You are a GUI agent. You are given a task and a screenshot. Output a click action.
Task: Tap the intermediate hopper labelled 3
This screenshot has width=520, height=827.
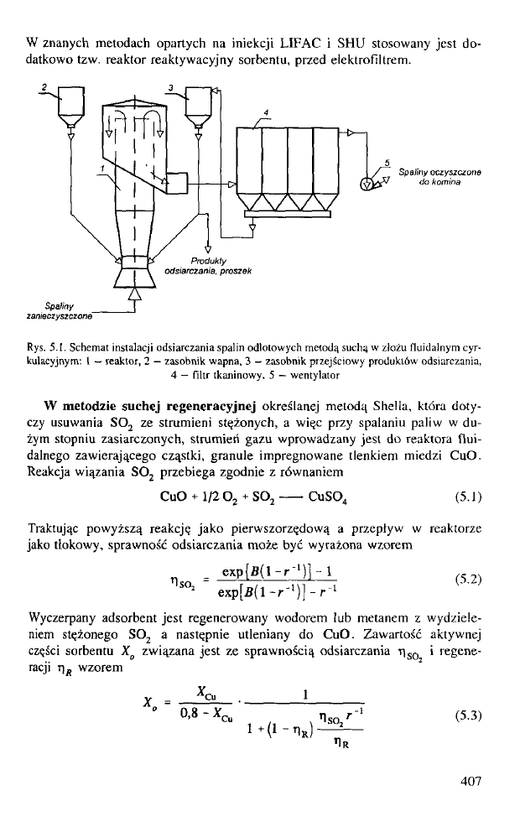pos(200,104)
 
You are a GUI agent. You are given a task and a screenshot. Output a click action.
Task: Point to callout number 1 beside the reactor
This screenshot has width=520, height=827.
pos(102,168)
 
